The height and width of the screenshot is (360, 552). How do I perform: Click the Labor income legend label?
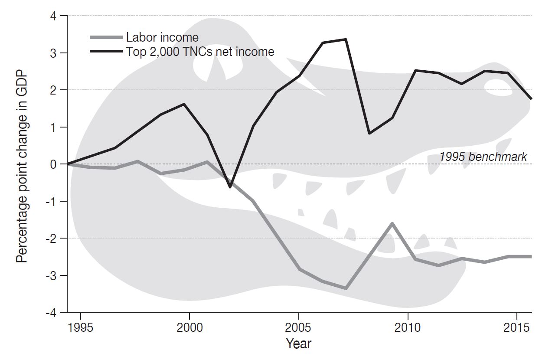tap(162, 38)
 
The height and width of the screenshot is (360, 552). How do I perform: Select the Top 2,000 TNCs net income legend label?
tap(200, 52)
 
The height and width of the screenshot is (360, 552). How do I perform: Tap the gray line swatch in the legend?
tap(106, 38)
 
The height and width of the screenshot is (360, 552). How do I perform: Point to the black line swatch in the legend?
tap(106, 52)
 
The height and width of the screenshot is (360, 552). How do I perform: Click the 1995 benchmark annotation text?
tap(483, 157)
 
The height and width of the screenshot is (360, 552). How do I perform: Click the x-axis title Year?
tap(299, 344)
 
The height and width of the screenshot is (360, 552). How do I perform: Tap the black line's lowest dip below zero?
tap(230, 187)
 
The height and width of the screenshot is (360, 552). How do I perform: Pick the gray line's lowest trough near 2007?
tap(346, 288)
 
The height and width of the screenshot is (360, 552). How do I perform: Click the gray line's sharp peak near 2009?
tap(392, 223)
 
